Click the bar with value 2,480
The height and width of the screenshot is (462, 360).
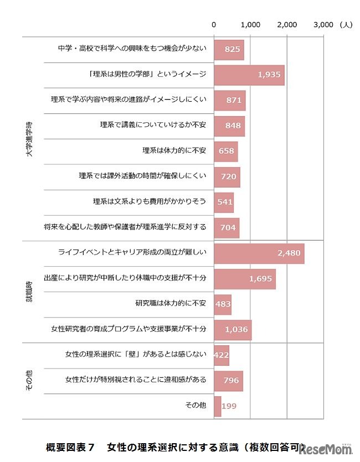tap(259, 253)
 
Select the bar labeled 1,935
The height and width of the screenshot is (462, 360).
tap(249, 75)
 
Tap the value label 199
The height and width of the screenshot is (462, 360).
tap(229, 406)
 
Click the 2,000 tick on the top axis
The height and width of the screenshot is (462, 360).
tap(287, 24)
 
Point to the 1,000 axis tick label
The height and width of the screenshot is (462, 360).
tap(250, 24)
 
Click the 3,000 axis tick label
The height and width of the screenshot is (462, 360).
tap(323, 24)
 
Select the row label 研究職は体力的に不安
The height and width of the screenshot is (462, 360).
tap(171, 304)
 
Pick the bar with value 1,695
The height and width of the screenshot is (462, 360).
tap(245, 278)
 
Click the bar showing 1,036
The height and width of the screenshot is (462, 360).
tap(233, 329)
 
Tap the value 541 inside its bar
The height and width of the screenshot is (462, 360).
tap(225, 202)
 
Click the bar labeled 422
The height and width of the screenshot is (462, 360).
tap(221, 355)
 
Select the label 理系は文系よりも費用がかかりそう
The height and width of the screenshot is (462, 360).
tap(150, 202)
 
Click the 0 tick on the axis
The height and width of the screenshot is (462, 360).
tap(214, 24)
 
